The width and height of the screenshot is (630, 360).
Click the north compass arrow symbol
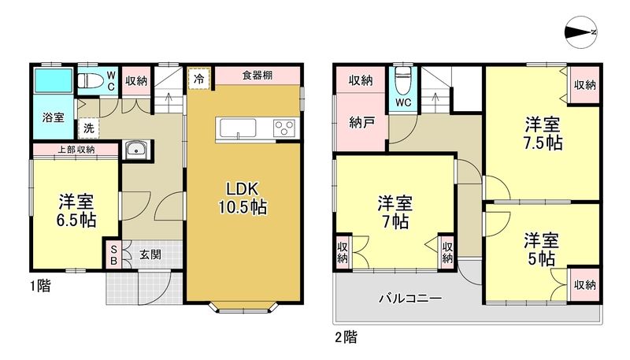tap(584, 32)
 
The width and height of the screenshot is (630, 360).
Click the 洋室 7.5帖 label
tap(543, 133)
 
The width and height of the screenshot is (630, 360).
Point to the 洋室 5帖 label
tap(541, 248)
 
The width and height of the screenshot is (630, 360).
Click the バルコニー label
tap(409, 299)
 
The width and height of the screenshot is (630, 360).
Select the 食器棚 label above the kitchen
tap(258, 76)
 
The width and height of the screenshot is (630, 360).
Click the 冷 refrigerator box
tap(199, 79)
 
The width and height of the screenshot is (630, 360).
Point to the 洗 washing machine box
tap(87, 127)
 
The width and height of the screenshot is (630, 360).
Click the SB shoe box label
tap(113, 254)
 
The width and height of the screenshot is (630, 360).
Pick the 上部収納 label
tap(76, 149)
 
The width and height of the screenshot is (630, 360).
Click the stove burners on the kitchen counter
tap(283, 128)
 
